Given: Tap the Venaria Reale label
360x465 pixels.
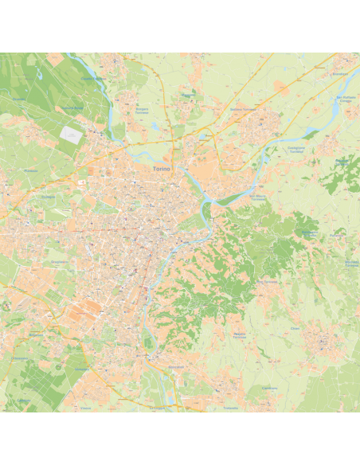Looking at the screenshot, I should [73, 107].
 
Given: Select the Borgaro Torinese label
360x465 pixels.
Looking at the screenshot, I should [142, 110].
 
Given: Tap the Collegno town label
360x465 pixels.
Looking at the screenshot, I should [48, 197].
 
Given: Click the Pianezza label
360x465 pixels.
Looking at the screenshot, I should [31, 170].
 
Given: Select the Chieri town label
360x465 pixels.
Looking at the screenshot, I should [295, 328].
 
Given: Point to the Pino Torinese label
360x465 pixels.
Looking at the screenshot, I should [267, 281].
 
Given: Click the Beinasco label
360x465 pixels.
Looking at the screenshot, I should [36, 335].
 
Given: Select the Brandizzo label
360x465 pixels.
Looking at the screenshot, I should [340, 74].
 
